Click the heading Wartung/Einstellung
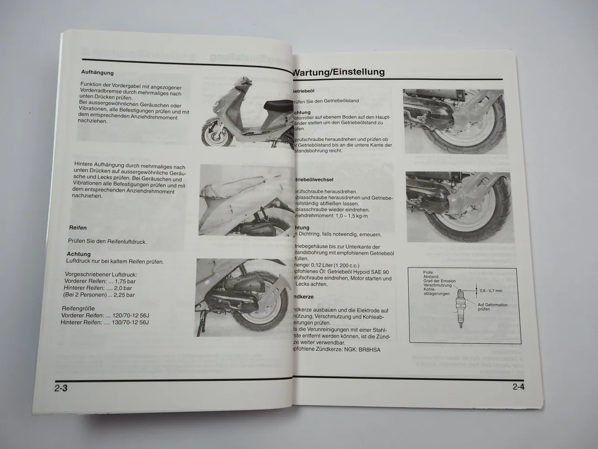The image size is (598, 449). pyautogui.click(x=339, y=72)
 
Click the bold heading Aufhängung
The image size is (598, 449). pyautogui.click(x=97, y=72)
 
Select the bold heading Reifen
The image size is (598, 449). pyautogui.click(x=78, y=228)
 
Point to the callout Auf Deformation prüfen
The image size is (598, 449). pyautogui.click(x=492, y=307)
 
